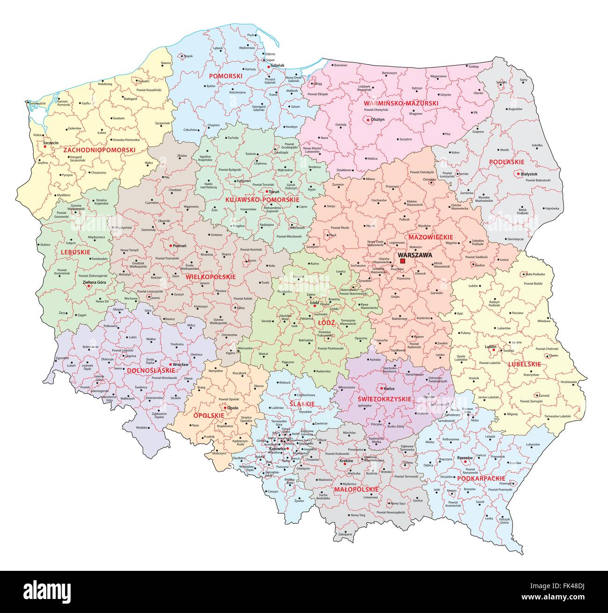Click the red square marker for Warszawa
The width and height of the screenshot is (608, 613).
[x=403, y=261]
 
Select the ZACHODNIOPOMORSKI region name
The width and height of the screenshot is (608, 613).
[x=99, y=150]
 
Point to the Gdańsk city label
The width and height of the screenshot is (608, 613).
[x=277, y=66]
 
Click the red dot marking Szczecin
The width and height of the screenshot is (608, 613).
[x=45, y=147]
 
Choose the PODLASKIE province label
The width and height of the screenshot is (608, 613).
[x=506, y=162]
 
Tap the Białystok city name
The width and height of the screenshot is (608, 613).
[x=530, y=173]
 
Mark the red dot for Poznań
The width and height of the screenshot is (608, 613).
[x=170, y=245]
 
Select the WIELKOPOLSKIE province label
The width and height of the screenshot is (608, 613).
[x=210, y=277]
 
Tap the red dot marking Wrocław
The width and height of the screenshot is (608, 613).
[x=170, y=364]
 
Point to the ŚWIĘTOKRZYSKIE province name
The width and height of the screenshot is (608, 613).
[x=384, y=399]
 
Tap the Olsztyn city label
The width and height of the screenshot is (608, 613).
[x=377, y=120]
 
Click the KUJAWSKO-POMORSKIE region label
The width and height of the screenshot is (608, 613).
[x=262, y=199]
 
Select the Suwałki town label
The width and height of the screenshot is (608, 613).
[x=502, y=82]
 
